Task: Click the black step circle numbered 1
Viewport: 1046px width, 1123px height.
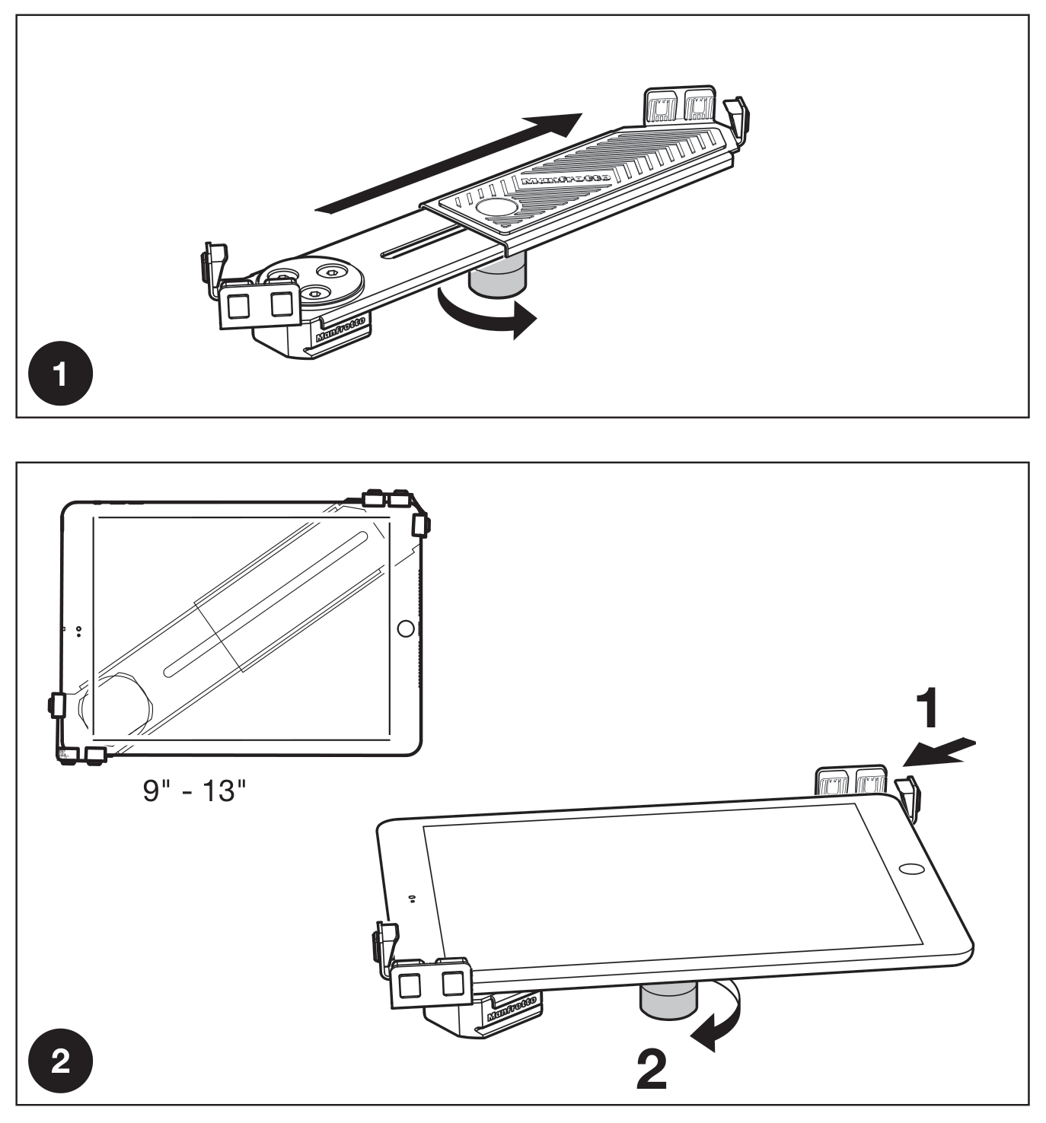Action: (x=61, y=374)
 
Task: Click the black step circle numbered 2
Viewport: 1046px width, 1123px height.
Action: (x=61, y=1061)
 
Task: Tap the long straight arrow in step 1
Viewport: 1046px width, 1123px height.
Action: (x=448, y=163)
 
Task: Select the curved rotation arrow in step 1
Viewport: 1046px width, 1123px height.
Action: (x=486, y=317)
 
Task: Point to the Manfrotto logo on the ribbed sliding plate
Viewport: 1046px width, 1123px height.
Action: (x=566, y=180)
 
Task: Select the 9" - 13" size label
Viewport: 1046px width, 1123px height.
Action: (x=195, y=791)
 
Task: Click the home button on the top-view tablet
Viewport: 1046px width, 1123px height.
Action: (x=406, y=628)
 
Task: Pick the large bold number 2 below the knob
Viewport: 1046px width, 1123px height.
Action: (x=652, y=1071)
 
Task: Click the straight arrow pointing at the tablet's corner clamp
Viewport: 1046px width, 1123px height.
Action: (x=939, y=752)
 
